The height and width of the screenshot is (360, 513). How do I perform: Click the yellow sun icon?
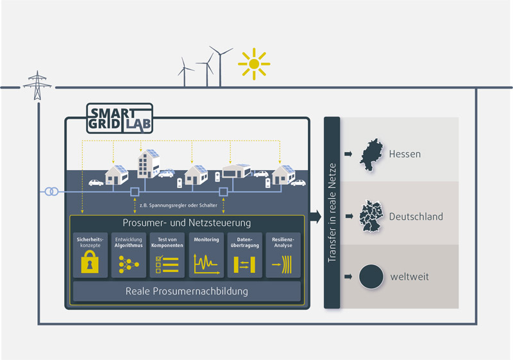[x=254, y=64]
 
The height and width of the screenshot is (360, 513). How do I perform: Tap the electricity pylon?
[x=37, y=85]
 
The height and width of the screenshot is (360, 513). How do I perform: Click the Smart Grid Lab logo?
[x=119, y=118]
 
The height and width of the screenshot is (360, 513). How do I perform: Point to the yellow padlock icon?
[x=90, y=262]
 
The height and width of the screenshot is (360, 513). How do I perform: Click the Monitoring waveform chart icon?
[x=206, y=264]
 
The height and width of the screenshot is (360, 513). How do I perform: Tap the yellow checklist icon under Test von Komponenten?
[x=167, y=264]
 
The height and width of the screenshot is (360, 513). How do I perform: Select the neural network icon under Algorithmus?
[x=129, y=264]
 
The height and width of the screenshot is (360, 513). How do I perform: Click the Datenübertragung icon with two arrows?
[x=244, y=264]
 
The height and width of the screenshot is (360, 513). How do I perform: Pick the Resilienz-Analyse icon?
[x=282, y=264]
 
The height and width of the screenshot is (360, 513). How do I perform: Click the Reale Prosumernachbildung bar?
[x=187, y=291]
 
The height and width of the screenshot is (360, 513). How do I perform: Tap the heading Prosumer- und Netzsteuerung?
[x=187, y=223]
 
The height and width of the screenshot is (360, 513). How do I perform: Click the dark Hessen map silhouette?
[x=372, y=155]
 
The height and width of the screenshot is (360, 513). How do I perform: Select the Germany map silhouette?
[x=371, y=216]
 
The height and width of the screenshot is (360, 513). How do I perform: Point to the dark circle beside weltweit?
[x=371, y=277]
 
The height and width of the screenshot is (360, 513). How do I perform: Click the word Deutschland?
[x=416, y=217]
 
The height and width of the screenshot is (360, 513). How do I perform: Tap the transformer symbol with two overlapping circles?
[x=51, y=191]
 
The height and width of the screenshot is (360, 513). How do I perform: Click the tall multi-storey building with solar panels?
[x=149, y=164]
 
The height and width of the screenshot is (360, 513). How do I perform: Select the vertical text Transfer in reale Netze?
[x=332, y=213]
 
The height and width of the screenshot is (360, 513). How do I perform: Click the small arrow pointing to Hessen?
[x=348, y=154]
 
